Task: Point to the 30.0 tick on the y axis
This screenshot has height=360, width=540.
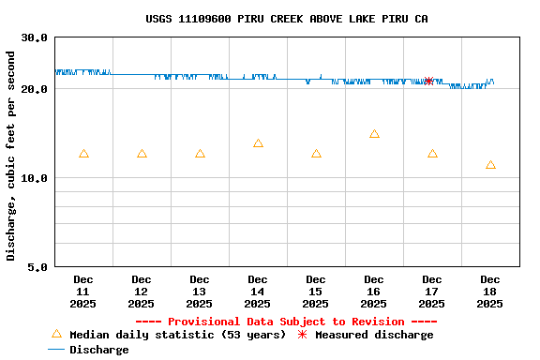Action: click(x=35, y=37)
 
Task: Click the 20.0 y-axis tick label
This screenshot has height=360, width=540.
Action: click(x=35, y=89)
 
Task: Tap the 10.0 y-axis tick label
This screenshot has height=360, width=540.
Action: click(x=35, y=178)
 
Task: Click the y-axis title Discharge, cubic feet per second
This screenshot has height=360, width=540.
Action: click(x=11, y=156)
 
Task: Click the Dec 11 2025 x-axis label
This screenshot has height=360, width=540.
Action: click(x=83, y=291)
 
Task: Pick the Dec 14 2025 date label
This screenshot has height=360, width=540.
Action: click(x=258, y=291)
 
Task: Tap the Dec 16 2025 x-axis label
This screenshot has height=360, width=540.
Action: click(x=374, y=291)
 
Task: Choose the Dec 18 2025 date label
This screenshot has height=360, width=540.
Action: click(x=490, y=291)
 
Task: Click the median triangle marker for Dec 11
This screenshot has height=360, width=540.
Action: click(x=83, y=154)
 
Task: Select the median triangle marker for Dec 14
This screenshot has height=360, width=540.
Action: click(x=258, y=143)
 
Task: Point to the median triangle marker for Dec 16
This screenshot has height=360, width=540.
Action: click(x=374, y=134)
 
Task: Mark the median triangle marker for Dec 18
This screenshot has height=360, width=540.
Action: click(x=490, y=165)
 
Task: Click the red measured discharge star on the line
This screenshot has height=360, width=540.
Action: click(x=428, y=81)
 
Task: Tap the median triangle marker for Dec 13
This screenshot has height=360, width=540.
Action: click(x=200, y=154)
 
